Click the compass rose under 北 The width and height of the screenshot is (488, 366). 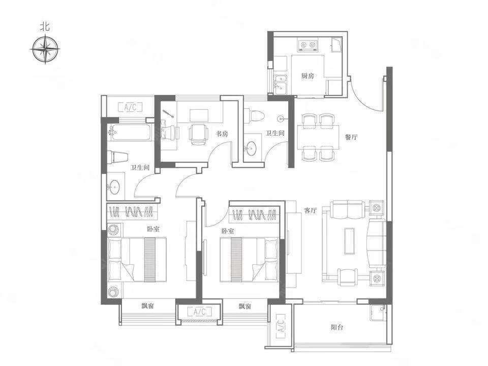pos(46,49)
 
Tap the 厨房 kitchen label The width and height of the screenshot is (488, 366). pos(308,76)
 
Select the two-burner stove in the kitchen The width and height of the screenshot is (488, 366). pos(308,45)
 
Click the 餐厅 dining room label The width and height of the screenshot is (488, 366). pos(351,137)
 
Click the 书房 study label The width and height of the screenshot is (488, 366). pos(222,134)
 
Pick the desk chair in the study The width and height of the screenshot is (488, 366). pos(198,134)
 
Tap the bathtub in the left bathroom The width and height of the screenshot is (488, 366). pos(131,132)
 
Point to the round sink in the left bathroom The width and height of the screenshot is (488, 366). pos(113,187)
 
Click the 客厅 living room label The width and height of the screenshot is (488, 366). pos(310,210)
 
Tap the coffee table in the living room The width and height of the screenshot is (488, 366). pos(349,241)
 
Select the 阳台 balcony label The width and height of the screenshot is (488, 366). pos(337,327)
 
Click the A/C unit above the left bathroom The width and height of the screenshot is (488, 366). pos(131,107)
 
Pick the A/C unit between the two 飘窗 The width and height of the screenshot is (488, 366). pos(199,312)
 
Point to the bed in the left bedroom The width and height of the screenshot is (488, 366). pos(137,260)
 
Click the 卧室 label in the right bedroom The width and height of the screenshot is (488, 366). pos(228,231)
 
